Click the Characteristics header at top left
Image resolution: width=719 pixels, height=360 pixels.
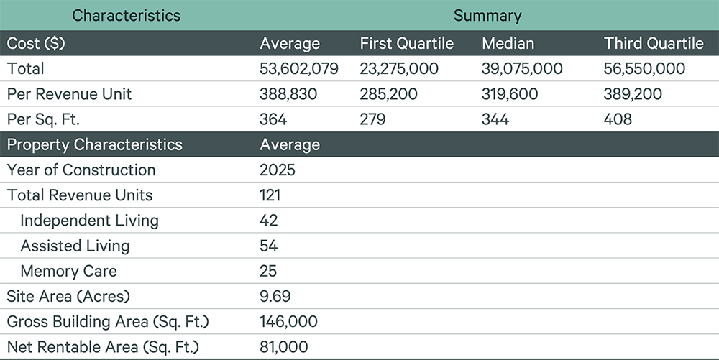point(126,16)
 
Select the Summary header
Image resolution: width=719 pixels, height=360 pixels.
point(487,16)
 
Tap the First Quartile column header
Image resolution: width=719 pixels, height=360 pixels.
point(407,44)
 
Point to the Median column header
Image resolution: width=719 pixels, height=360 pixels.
point(508,44)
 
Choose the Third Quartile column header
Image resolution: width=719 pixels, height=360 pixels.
point(654,44)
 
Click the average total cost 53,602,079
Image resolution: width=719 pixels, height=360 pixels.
point(299,69)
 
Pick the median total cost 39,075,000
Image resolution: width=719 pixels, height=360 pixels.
point(522,69)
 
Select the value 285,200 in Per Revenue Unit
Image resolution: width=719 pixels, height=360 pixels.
point(388,94)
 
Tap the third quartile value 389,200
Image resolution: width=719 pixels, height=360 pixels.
point(633,94)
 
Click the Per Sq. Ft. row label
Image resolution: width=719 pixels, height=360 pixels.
point(43,119)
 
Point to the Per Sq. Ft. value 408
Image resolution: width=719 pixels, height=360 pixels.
point(618,119)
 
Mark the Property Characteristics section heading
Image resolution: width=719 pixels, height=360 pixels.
point(94,144)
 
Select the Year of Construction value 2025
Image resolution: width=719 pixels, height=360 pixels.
point(278,170)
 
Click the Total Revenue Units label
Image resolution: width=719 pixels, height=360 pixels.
point(80,195)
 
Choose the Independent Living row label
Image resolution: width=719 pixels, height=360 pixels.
point(89,221)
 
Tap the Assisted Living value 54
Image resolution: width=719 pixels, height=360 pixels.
point(268,246)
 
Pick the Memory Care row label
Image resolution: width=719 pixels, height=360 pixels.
point(69,271)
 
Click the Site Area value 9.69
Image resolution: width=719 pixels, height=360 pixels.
point(275,296)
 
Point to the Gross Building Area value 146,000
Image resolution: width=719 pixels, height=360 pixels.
point(288,321)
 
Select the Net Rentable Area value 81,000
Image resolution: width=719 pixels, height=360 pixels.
point(284,347)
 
